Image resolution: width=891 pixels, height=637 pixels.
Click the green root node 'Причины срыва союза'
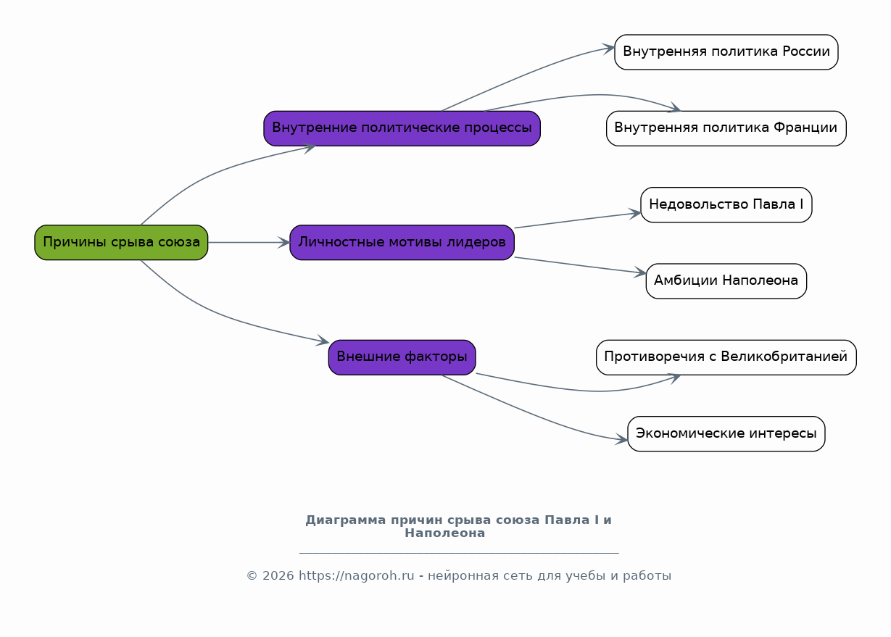tap(121, 242)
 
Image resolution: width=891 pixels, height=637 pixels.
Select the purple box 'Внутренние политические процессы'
tap(402, 128)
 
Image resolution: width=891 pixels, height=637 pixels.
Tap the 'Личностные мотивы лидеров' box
tap(402, 242)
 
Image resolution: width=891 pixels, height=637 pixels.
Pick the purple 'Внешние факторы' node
tap(402, 357)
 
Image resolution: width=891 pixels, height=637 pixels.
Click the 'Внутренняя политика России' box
tap(726, 52)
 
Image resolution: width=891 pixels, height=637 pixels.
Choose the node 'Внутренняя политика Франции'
tap(726, 128)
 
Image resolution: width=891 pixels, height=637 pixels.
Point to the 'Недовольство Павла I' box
tap(726, 204)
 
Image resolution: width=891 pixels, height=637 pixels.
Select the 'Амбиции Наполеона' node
tap(726, 280)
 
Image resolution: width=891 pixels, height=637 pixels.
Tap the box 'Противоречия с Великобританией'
tap(726, 357)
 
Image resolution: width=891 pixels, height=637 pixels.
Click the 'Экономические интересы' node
tap(726, 433)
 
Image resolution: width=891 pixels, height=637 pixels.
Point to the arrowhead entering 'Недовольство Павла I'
tap(636, 213)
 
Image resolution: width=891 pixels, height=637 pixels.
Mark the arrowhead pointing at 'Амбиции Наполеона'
tap(641, 273)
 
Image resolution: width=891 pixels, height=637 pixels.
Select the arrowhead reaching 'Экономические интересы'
tap(623, 439)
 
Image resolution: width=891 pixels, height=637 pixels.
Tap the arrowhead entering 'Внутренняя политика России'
tap(610, 49)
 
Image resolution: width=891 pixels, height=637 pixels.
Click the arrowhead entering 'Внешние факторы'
tap(323, 341)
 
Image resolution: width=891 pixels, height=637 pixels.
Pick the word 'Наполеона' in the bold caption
tap(444, 533)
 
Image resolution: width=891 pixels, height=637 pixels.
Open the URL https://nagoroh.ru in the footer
tap(356, 576)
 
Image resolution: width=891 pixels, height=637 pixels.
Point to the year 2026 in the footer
tap(278, 576)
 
